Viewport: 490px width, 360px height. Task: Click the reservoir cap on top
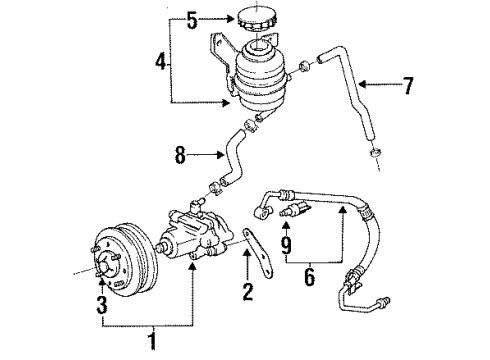pyautogui.click(x=256, y=20)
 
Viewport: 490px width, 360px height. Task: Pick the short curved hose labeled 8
pyautogui.click(x=237, y=160)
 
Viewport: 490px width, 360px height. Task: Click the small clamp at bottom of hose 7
pyautogui.click(x=375, y=151)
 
